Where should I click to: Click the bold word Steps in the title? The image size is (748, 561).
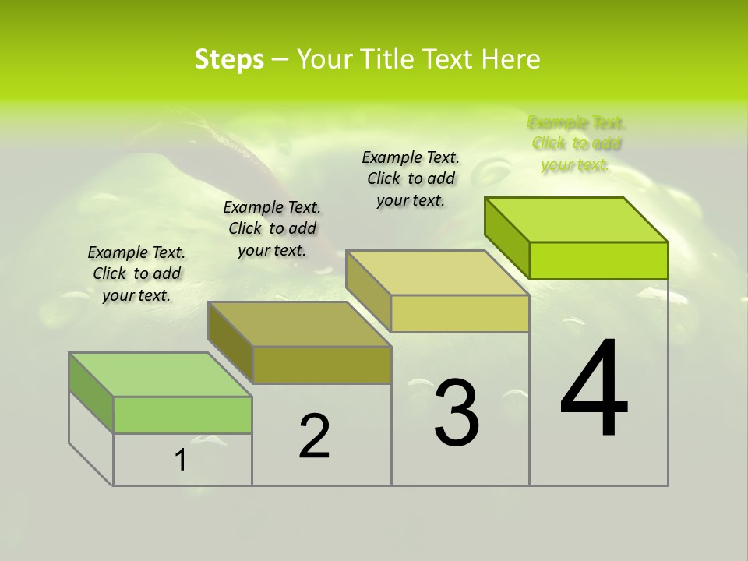(229, 59)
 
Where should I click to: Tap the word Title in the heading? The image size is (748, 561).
(385, 59)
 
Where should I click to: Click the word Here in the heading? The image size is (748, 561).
(510, 59)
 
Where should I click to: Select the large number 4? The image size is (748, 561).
(594, 390)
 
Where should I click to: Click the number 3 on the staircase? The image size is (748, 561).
(457, 412)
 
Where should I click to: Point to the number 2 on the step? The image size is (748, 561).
(314, 436)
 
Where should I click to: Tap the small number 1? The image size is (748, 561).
(181, 460)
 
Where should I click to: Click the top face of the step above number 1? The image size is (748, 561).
(161, 375)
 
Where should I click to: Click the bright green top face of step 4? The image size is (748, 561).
(577, 220)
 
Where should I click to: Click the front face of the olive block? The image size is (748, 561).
(322, 365)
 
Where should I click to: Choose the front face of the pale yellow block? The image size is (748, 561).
(460, 313)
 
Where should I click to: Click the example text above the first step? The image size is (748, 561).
(136, 273)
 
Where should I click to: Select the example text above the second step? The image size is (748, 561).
(272, 228)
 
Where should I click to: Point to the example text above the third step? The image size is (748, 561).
(411, 178)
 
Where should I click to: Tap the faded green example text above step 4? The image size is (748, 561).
(577, 143)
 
